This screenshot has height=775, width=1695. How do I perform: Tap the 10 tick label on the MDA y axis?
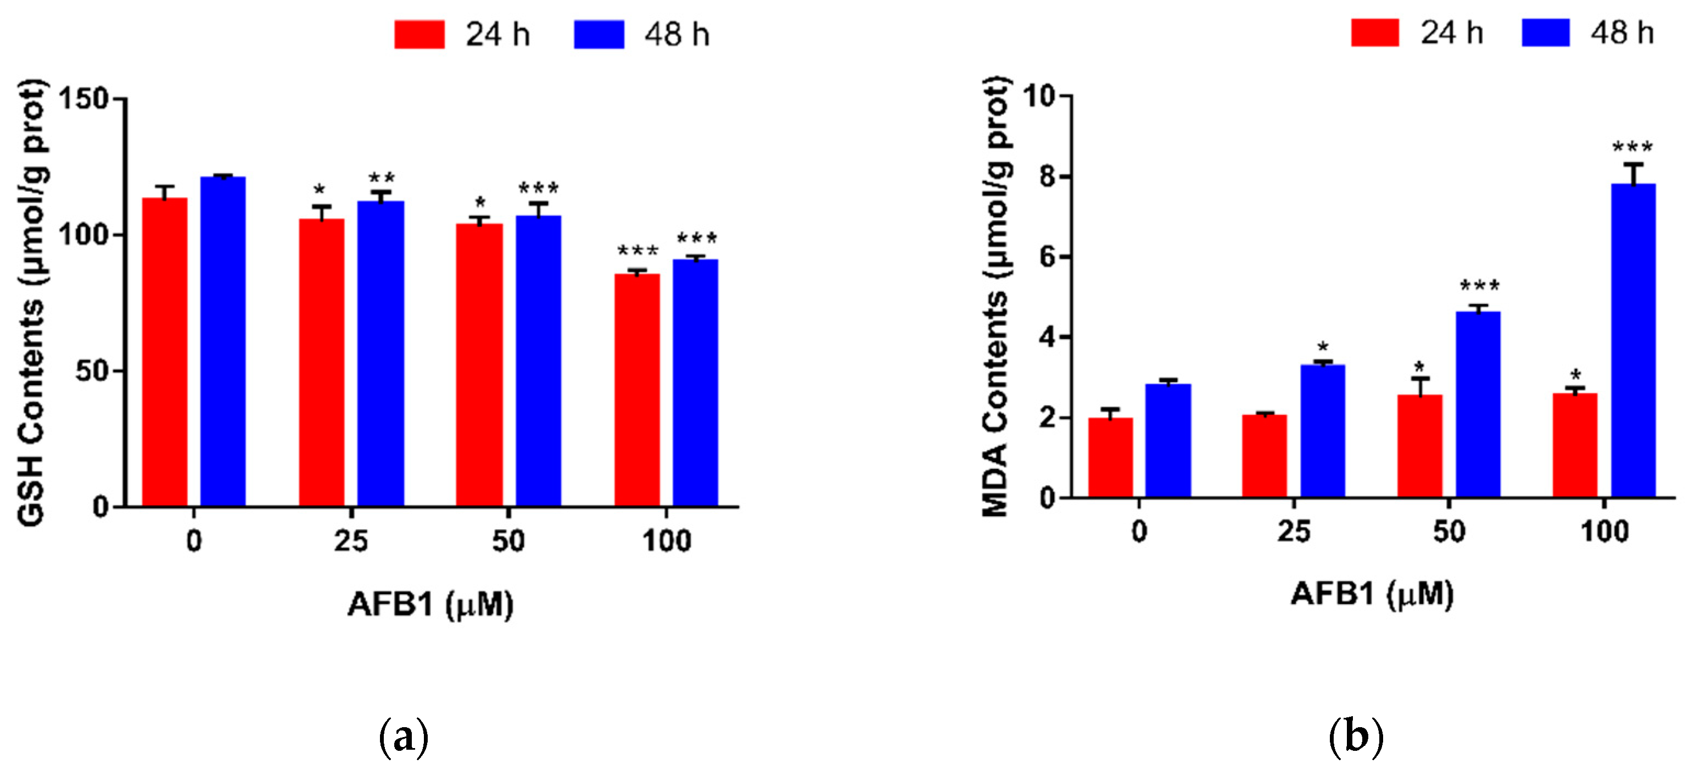[1039, 97]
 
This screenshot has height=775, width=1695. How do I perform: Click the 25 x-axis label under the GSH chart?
[351, 541]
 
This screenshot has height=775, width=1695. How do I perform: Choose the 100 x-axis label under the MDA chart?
[1604, 532]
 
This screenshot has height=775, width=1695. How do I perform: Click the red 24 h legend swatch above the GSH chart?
[419, 34]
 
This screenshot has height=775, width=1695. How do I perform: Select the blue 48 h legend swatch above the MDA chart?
[1545, 32]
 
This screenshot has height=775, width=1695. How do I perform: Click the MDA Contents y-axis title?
[995, 296]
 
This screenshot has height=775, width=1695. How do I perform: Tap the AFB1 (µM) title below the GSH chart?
[430, 604]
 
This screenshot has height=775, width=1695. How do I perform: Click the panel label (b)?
[1356, 738]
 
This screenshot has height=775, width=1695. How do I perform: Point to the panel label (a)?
[404, 738]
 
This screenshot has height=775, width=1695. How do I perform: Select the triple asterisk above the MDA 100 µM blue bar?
[1632, 147]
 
